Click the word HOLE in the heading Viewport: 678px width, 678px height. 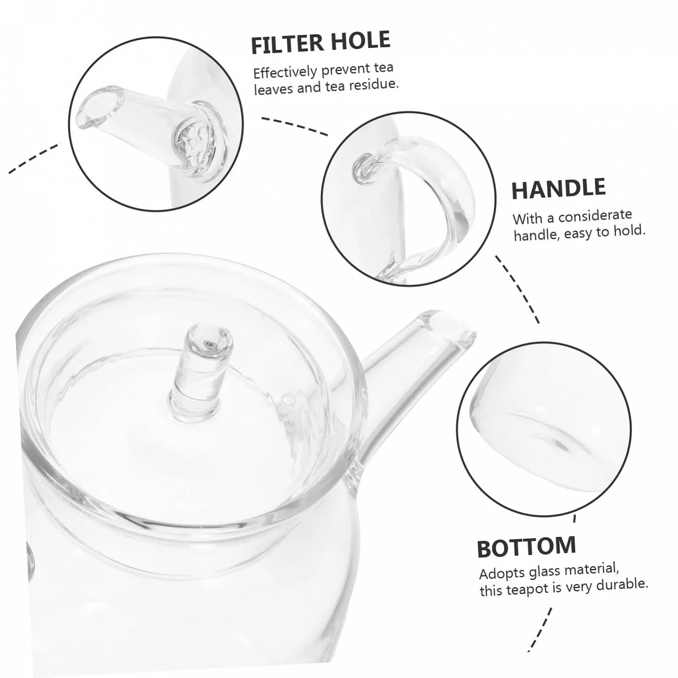tap(361, 41)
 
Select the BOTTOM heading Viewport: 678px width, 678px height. tap(526, 547)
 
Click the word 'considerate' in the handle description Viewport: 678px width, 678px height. tap(595, 215)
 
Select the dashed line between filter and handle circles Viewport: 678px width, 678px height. tap(295, 126)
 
